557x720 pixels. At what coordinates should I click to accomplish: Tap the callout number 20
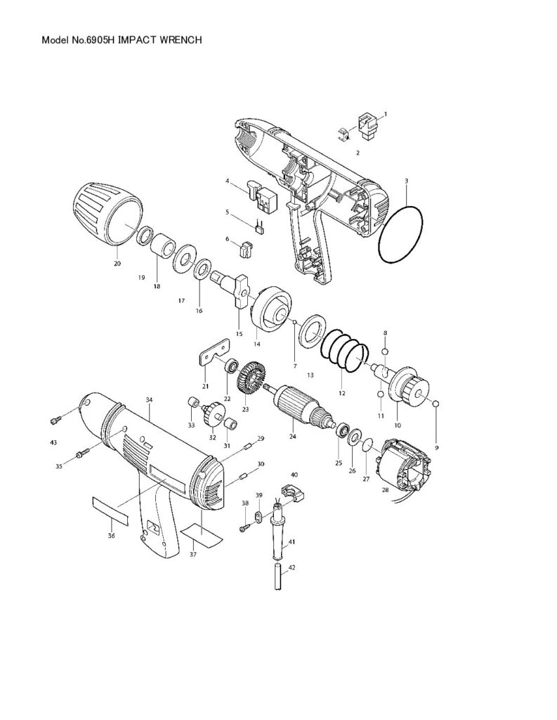(x=117, y=263)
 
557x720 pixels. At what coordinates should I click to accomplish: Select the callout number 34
(x=149, y=399)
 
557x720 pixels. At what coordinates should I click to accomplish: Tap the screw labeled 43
(x=53, y=421)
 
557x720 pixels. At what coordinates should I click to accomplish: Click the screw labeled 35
(x=81, y=454)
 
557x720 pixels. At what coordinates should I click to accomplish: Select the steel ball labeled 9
(x=436, y=404)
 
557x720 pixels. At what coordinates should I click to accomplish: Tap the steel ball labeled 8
(x=384, y=351)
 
